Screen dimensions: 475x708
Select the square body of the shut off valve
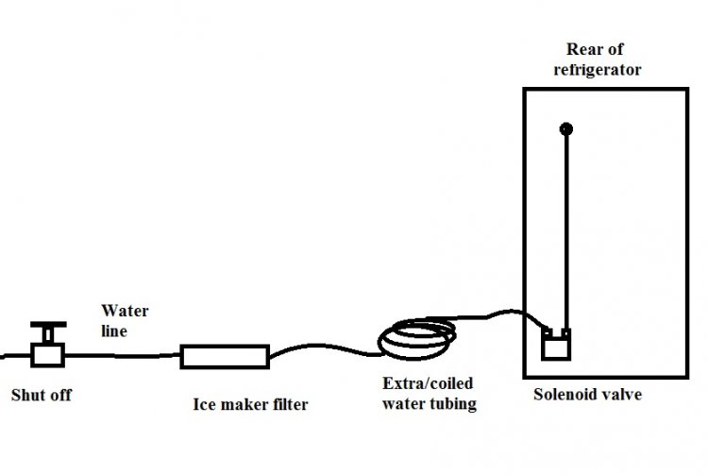[46, 355]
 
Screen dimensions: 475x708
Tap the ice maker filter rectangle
[225, 356]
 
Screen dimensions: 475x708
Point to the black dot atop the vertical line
[565, 128]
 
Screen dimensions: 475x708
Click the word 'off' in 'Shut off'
[60, 395]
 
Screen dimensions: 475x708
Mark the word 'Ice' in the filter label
[205, 407]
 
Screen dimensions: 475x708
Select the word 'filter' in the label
[289, 407]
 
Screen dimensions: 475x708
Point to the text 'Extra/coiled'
[428, 384]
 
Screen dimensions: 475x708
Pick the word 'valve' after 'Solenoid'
[620, 395]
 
